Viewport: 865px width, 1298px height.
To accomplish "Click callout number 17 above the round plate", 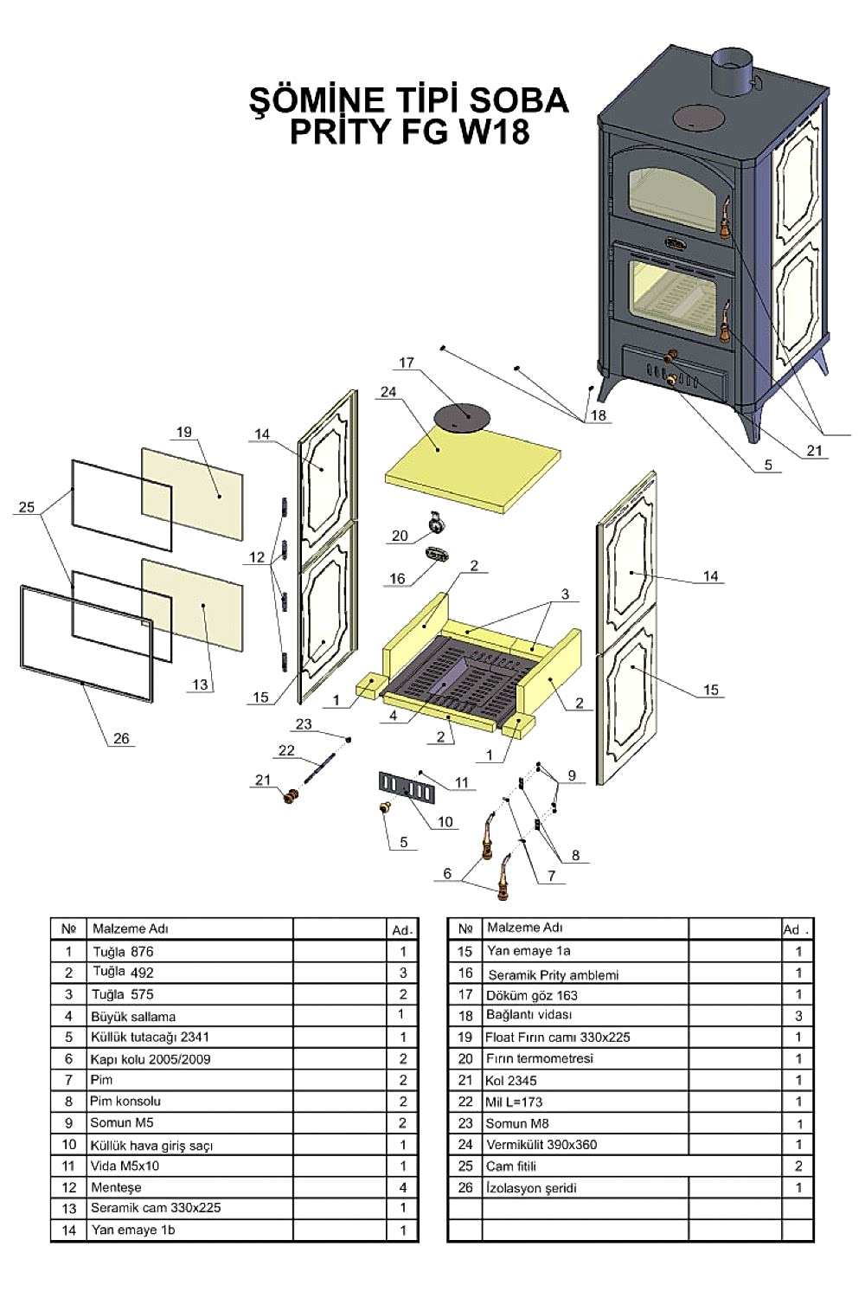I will tap(407, 363).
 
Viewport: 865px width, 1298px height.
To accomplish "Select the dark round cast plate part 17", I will tap(460, 417).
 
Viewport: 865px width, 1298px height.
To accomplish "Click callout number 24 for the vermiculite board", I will tap(388, 392).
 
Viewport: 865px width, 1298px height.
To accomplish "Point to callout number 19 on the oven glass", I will tap(183, 432).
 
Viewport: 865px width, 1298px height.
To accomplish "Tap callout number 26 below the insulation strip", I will tap(121, 738).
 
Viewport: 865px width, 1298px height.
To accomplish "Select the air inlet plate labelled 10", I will tap(403, 787).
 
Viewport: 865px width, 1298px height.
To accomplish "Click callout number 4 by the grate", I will tap(394, 716).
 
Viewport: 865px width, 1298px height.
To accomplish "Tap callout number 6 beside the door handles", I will tap(447, 873).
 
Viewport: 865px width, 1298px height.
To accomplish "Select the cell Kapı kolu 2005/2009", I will tap(151, 1059).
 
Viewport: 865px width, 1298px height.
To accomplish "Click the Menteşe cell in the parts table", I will tap(116, 1187).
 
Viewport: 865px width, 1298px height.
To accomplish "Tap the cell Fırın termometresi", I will tap(540, 1058).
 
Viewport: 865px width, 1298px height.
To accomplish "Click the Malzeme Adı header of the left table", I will tap(131, 929).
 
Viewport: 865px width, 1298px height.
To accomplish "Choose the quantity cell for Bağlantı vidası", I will tap(798, 1015).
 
